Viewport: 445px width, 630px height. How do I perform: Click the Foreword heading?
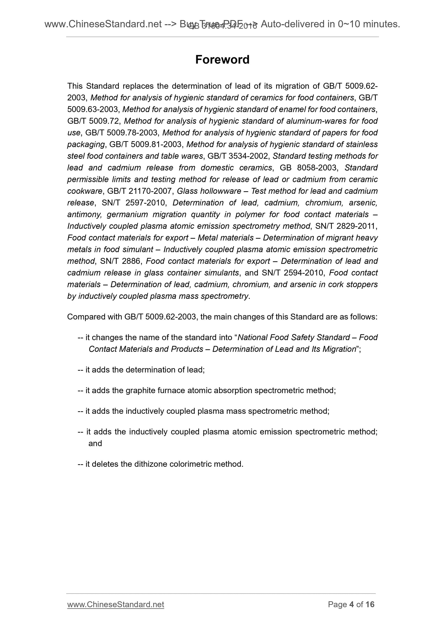(x=222, y=59)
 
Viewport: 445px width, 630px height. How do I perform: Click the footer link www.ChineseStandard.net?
(x=115, y=612)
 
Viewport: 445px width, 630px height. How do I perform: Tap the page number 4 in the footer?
(x=351, y=612)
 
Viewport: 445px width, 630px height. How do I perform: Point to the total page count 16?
(x=370, y=612)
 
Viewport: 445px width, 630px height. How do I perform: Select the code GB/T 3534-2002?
(x=239, y=156)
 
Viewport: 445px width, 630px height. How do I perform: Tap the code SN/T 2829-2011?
(x=346, y=226)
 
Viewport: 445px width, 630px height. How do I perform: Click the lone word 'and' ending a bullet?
(x=95, y=443)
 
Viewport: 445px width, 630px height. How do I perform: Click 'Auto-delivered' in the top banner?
(x=292, y=24)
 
